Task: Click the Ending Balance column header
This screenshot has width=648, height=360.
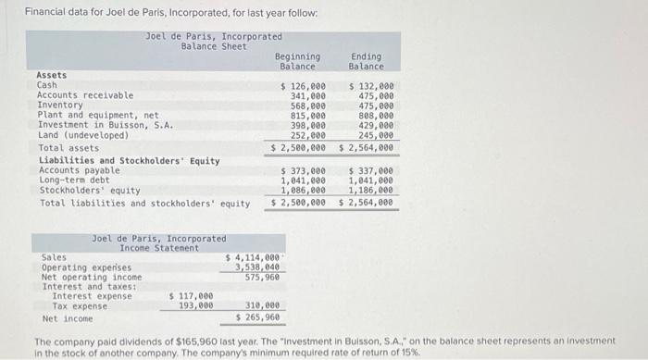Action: (366, 61)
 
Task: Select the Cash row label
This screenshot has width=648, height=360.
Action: (46, 85)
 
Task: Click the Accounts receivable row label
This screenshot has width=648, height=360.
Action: (84, 95)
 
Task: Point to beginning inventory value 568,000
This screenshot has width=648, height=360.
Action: (307, 106)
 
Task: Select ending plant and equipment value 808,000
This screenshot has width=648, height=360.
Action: (376, 116)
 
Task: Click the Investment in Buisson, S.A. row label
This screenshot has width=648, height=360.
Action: (105, 125)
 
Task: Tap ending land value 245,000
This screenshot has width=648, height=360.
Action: (376, 135)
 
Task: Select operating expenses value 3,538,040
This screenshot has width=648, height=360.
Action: (256, 267)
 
